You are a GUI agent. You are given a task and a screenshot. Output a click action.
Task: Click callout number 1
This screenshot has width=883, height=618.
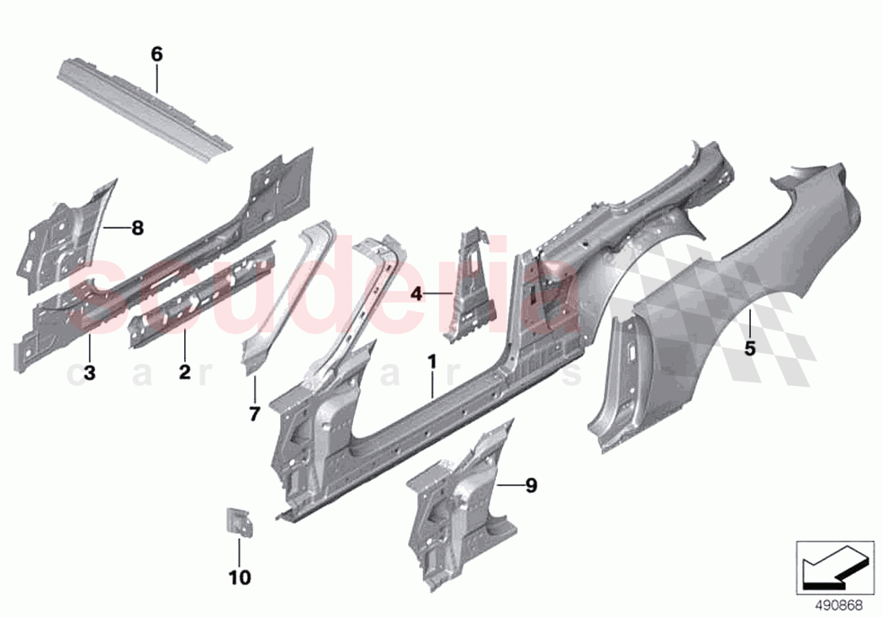pyautogui.click(x=431, y=363)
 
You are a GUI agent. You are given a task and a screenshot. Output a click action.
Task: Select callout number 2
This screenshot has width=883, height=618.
pyautogui.click(x=185, y=371)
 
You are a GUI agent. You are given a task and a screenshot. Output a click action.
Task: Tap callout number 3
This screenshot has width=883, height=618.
pyautogui.click(x=89, y=372)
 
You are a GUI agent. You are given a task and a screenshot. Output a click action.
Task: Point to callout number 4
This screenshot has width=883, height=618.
pyautogui.click(x=415, y=293)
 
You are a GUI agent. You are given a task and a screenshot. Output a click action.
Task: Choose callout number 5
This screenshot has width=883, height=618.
pyautogui.click(x=749, y=347)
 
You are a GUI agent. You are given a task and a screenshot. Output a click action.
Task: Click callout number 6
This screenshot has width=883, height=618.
pyautogui.click(x=156, y=55)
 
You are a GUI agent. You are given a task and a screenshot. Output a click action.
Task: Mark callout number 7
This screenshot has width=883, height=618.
pyautogui.click(x=255, y=413)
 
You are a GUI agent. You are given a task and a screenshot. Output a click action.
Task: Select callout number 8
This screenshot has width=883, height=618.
pyautogui.click(x=137, y=227)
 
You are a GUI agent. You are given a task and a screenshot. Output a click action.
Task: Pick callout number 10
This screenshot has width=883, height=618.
pyautogui.click(x=239, y=578)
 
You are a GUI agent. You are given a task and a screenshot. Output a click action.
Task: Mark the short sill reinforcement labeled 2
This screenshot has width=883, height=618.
pyautogui.click(x=202, y=290)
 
